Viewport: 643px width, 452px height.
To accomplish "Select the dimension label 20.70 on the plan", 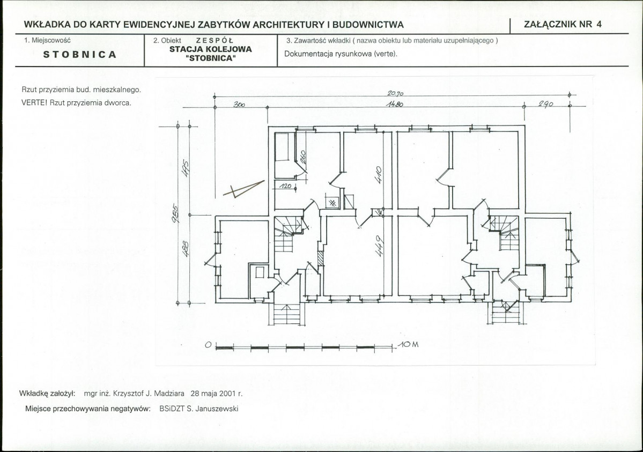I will point(395,93).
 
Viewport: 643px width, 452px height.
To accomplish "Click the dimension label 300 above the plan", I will point(239,105).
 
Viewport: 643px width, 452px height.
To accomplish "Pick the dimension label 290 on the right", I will point(546,105).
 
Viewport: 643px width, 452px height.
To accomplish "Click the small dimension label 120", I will point(285,186).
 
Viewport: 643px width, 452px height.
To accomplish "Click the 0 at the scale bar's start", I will point(208,346).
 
